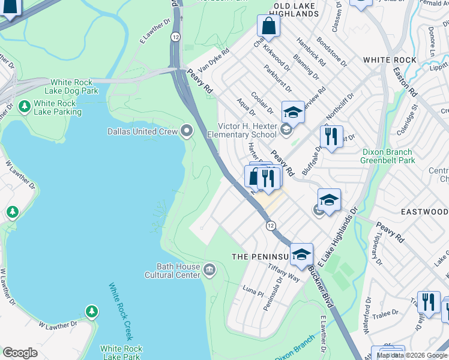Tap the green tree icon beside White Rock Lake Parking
(25, 107)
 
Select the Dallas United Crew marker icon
(187, 130)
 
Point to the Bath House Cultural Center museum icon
(209, 268)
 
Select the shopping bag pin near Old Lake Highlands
(268, 26)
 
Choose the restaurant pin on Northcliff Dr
(331, 137)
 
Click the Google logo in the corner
(20, 353)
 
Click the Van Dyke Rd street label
(214, 61)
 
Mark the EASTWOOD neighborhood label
(425, 212)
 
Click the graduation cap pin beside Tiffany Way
(301, 254)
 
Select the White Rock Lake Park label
(121, 353)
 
